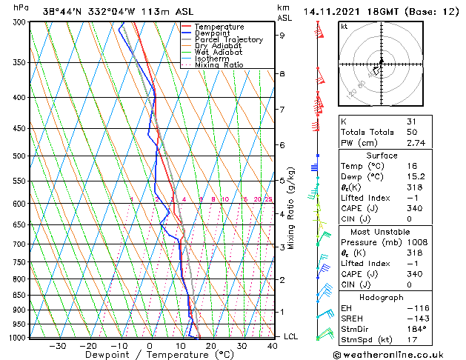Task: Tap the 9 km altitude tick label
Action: (282, 35)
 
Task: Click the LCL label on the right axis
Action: (292, 336)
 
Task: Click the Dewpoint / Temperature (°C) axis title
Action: (149, 355)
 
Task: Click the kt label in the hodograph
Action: (344, 27)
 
